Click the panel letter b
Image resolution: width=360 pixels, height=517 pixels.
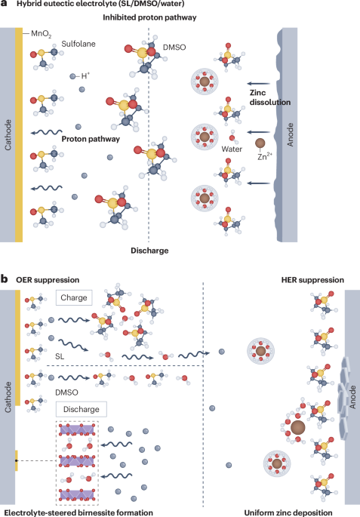click(5, 280)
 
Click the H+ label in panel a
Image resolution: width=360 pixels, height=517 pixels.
click(86, 75)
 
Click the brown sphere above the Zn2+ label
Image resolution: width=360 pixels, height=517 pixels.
click(260, 142)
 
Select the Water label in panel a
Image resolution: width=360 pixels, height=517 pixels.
click(231, 149)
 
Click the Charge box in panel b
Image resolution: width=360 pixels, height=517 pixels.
click(73, 296)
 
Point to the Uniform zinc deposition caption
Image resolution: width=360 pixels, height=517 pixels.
click(295, 512)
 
